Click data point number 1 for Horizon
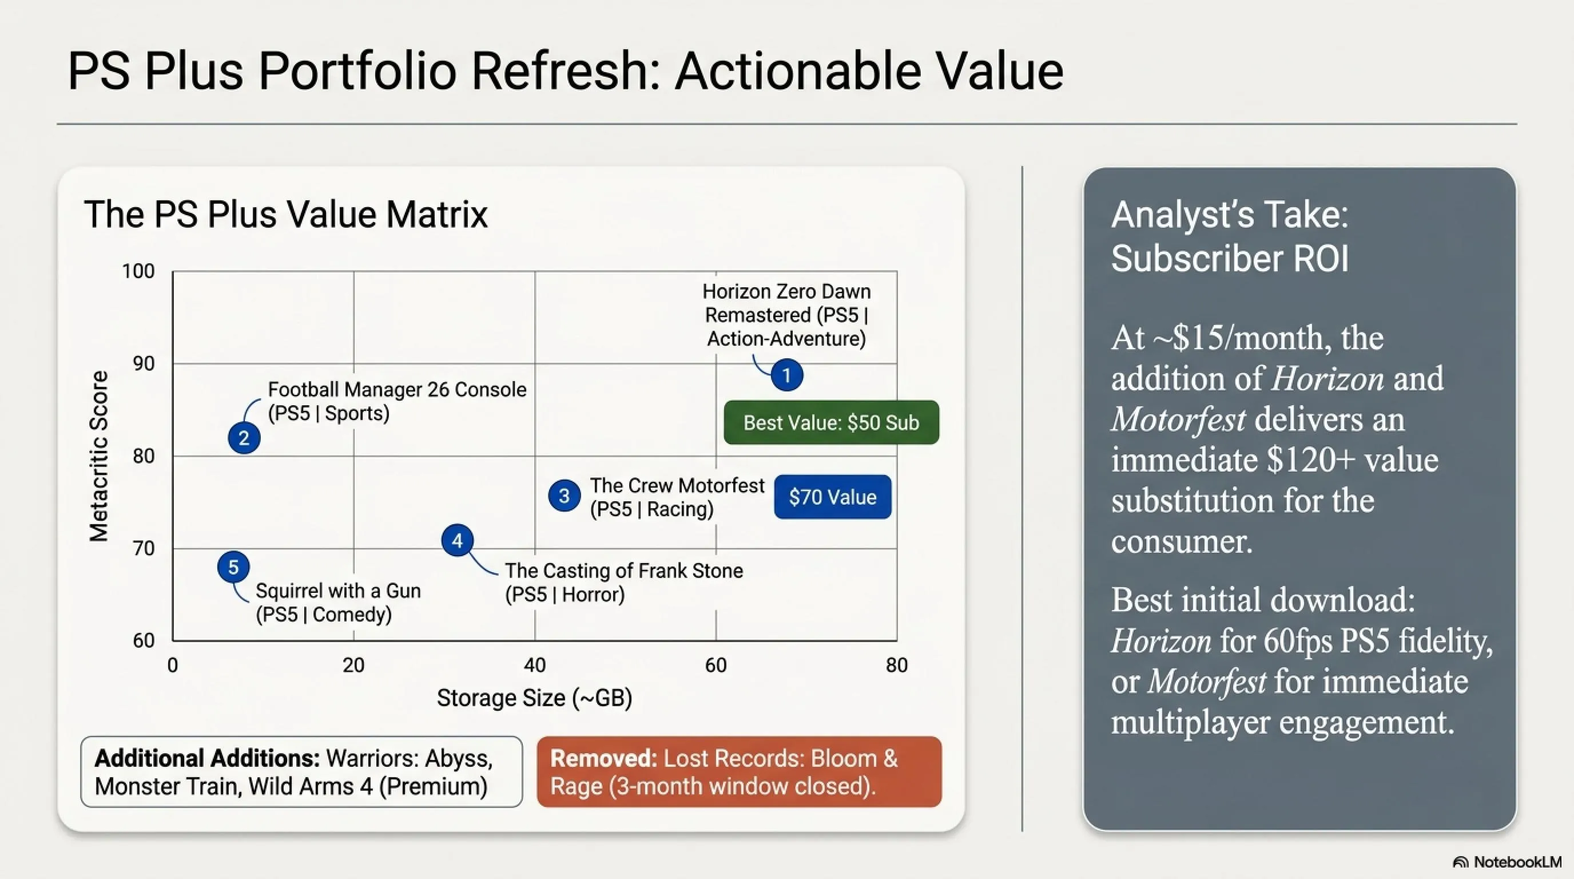coord(786,375)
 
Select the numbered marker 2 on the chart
coord(244,438)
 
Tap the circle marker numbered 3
coord(564,496)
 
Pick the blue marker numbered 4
coord(457,540)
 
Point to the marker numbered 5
coord(233,567)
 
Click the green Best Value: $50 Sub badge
coord(831,422)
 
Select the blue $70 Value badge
coord(832,497)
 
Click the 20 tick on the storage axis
coord(353,665)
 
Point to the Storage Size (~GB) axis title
coord(534,698)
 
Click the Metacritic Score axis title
coord(98,456)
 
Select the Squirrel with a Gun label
coord(338,603)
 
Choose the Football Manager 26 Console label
coord(397,401)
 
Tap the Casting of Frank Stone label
coord(624,583)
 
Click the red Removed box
coord(740,771)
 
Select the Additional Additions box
coord(301,771)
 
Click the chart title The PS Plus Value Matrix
coord(286,214)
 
